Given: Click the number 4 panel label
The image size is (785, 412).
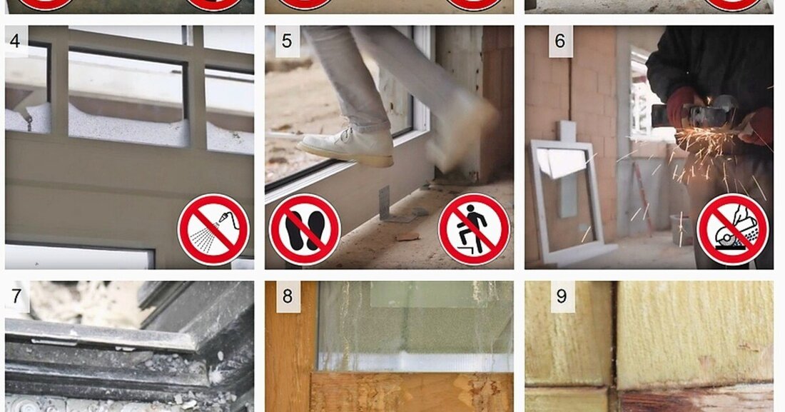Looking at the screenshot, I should point(16,41).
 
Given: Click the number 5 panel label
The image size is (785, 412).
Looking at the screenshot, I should point(287,41).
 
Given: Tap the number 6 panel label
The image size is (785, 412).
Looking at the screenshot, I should point(560,41).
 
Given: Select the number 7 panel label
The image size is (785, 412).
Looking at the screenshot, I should point(16,296).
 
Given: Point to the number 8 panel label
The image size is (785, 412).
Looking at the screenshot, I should point(288,296).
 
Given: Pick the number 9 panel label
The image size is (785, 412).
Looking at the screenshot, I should point(561,296).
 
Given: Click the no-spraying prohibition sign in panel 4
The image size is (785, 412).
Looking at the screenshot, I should point(213,230).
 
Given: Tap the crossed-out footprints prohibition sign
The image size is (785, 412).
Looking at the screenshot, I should point(304,230).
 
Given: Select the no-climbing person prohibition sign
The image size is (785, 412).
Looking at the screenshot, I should point(474,230).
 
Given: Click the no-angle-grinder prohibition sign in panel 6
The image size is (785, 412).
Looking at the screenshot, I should point(732,230).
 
